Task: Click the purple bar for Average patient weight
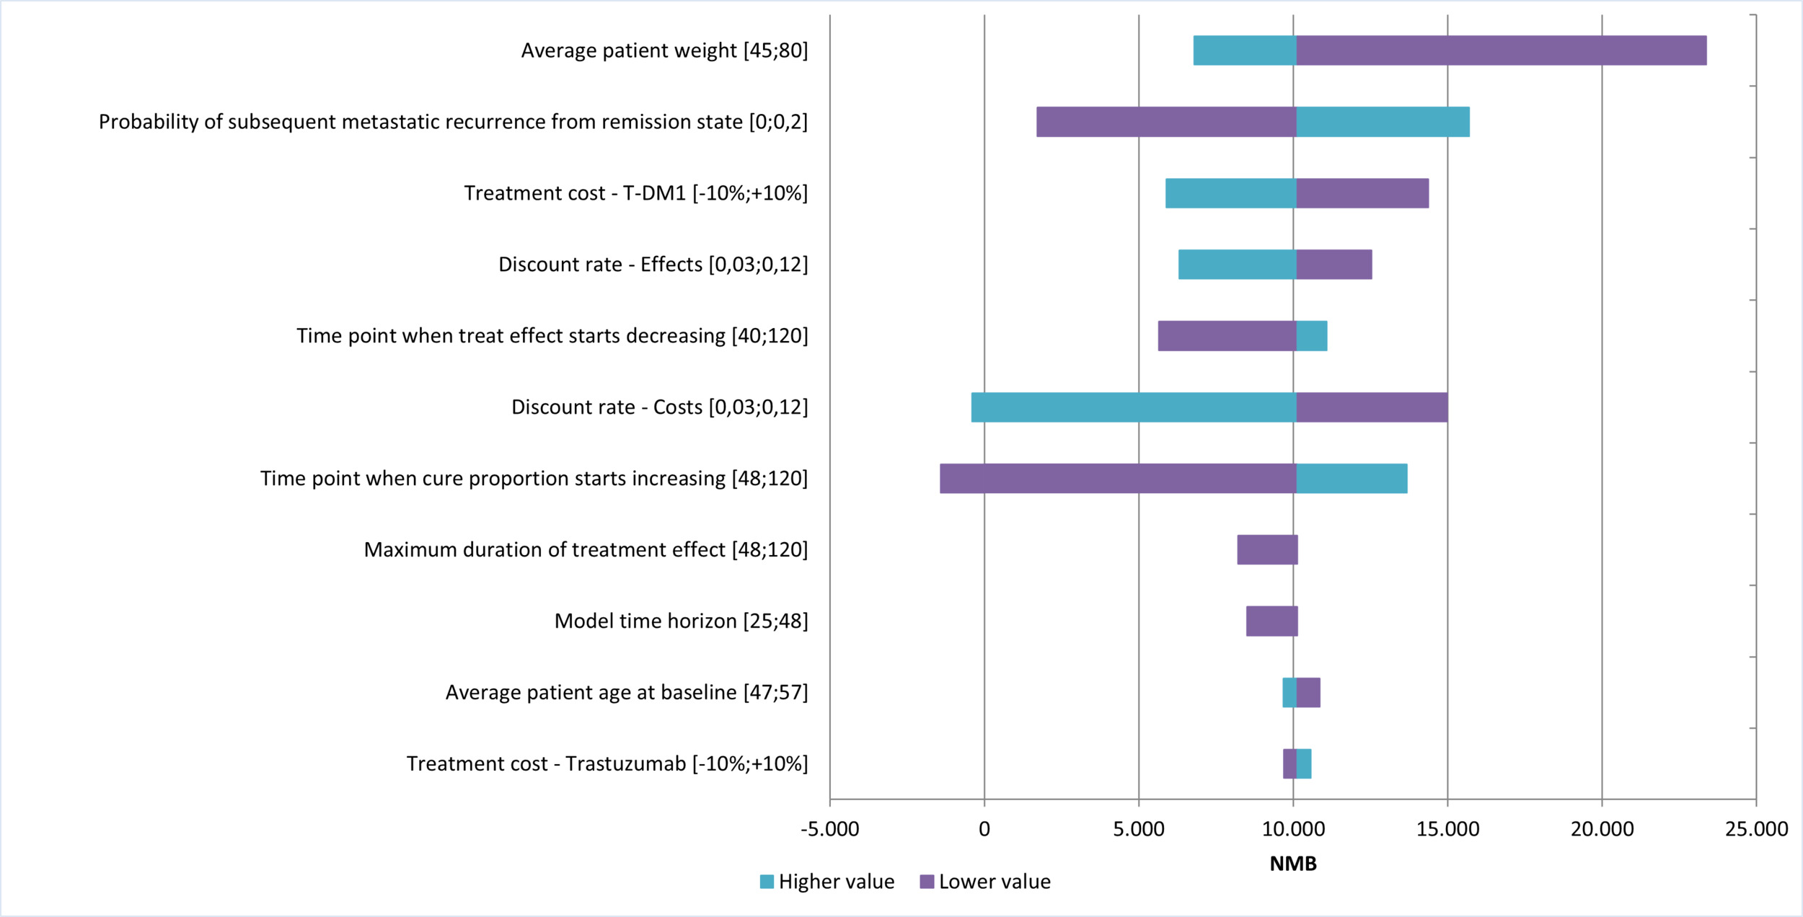(x=1500, y=50)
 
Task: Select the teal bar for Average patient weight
(x=1244, y=50)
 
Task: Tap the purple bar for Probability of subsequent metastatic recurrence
(x=1165, y=122)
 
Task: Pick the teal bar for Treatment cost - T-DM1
(x=1230, y=193)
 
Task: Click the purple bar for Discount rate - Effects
(x=1333, y=265)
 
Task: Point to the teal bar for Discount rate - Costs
(x=1133, y=407)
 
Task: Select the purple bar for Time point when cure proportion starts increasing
(x=1117, y=479)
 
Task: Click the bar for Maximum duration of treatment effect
(x=1267, y=550)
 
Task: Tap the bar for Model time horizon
(x=1271, y=621)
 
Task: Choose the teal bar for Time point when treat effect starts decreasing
(x=1311, y=336)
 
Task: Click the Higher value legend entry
(x=827, y=882)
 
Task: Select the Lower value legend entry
(x=985, y=882)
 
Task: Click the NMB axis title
(x=1292, y=864)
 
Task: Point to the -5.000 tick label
(x=829, y=829)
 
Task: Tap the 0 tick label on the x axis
(x=984, y=829)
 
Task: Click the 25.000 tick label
(x=1756, y=829)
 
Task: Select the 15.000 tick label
(x=1447, y=829)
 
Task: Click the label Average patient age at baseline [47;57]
(x=626, y=693)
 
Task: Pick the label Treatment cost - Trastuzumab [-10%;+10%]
(x=607, y=764)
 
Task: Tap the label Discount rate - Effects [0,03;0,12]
(x=653, y=265)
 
